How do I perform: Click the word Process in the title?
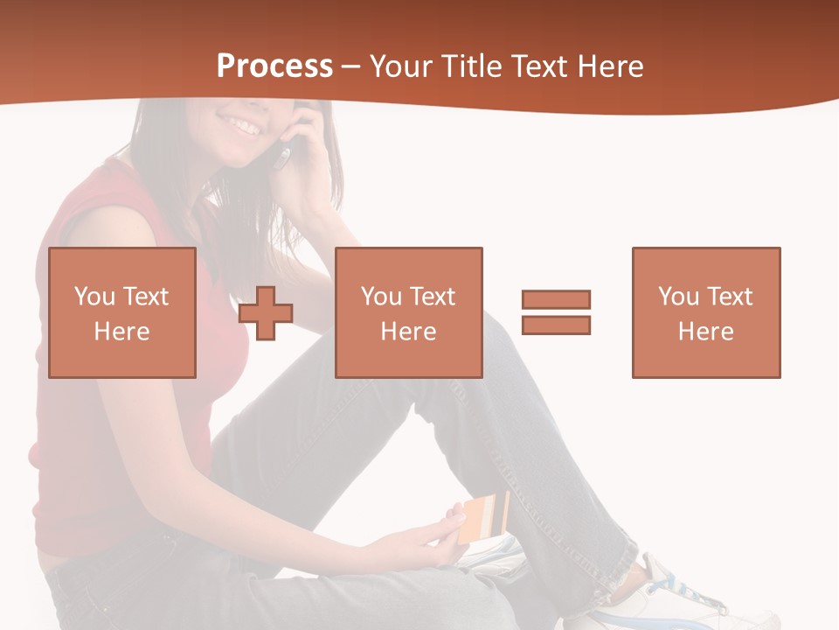pyautogui.click(x=274, y=66)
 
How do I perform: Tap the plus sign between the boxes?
pyautogui.click(x=266, y=312)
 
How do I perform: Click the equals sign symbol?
pyautogui.click(x=556, y=312)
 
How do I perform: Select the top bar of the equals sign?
pyautogui.click(x=556, y=300)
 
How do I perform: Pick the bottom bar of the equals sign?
pyautogui.click(x=556, y=325)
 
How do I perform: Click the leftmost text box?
pyautogui.click(x=122, y=312)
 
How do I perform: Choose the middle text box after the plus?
pyautogui.click(x=409, y=312)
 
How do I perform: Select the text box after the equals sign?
pyautogui.click(x=706, y=312)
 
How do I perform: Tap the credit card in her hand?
pyautogui.click(x=484, y=517)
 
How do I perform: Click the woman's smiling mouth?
pyautogui.click(x=246, y=127)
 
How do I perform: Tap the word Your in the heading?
pyautogui.click(x=399, y=66)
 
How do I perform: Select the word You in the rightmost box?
pyautogui.click(x=678, y=297)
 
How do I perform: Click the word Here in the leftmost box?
pyautogui.click(x=122, y=332)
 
